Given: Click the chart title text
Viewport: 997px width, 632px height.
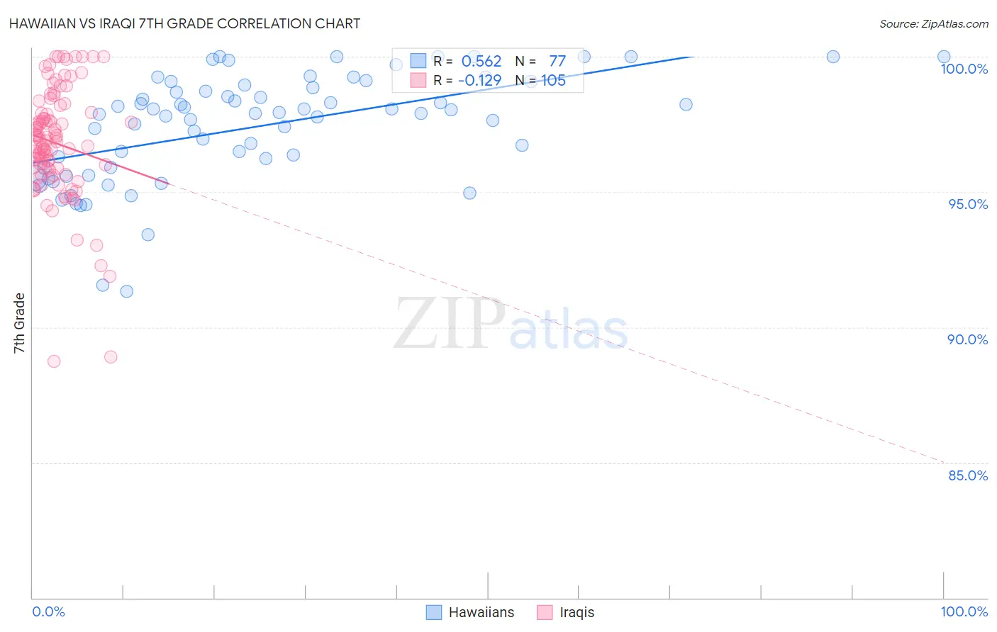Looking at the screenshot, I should (x=185, y=23).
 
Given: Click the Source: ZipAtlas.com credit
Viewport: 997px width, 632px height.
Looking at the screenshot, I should (x=933, y=23).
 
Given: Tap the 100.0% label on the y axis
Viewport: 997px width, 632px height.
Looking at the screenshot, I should (x=964, y=69).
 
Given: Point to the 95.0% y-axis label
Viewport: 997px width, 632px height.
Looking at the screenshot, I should (x=968, y=204).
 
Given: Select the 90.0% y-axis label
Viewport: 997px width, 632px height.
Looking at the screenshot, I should (x=968, y=339).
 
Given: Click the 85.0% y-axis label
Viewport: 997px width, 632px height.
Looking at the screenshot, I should (x=968, y=475).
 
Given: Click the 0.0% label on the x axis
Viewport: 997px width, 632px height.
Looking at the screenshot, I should (x=48, y=611).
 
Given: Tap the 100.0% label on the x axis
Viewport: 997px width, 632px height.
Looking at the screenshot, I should (x=964, y=611).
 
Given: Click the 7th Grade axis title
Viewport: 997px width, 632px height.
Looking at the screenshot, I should (x=19, y=323).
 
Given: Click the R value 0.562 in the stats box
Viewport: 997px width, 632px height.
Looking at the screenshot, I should (x=481, y=61).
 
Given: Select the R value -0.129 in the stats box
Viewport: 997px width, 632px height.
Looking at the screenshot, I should (x=479, y=80).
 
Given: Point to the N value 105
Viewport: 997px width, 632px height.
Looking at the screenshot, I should (x=553, y=80).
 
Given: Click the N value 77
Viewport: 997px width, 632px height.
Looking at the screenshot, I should (x=557, y=61).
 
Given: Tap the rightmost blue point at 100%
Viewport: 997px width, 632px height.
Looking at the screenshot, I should (x=944, y=57).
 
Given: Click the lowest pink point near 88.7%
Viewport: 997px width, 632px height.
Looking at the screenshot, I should (x=54, y=361).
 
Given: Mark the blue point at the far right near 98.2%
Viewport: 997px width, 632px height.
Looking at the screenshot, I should (x=686, y=104).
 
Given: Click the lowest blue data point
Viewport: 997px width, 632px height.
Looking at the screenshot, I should (x=126, y=291).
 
